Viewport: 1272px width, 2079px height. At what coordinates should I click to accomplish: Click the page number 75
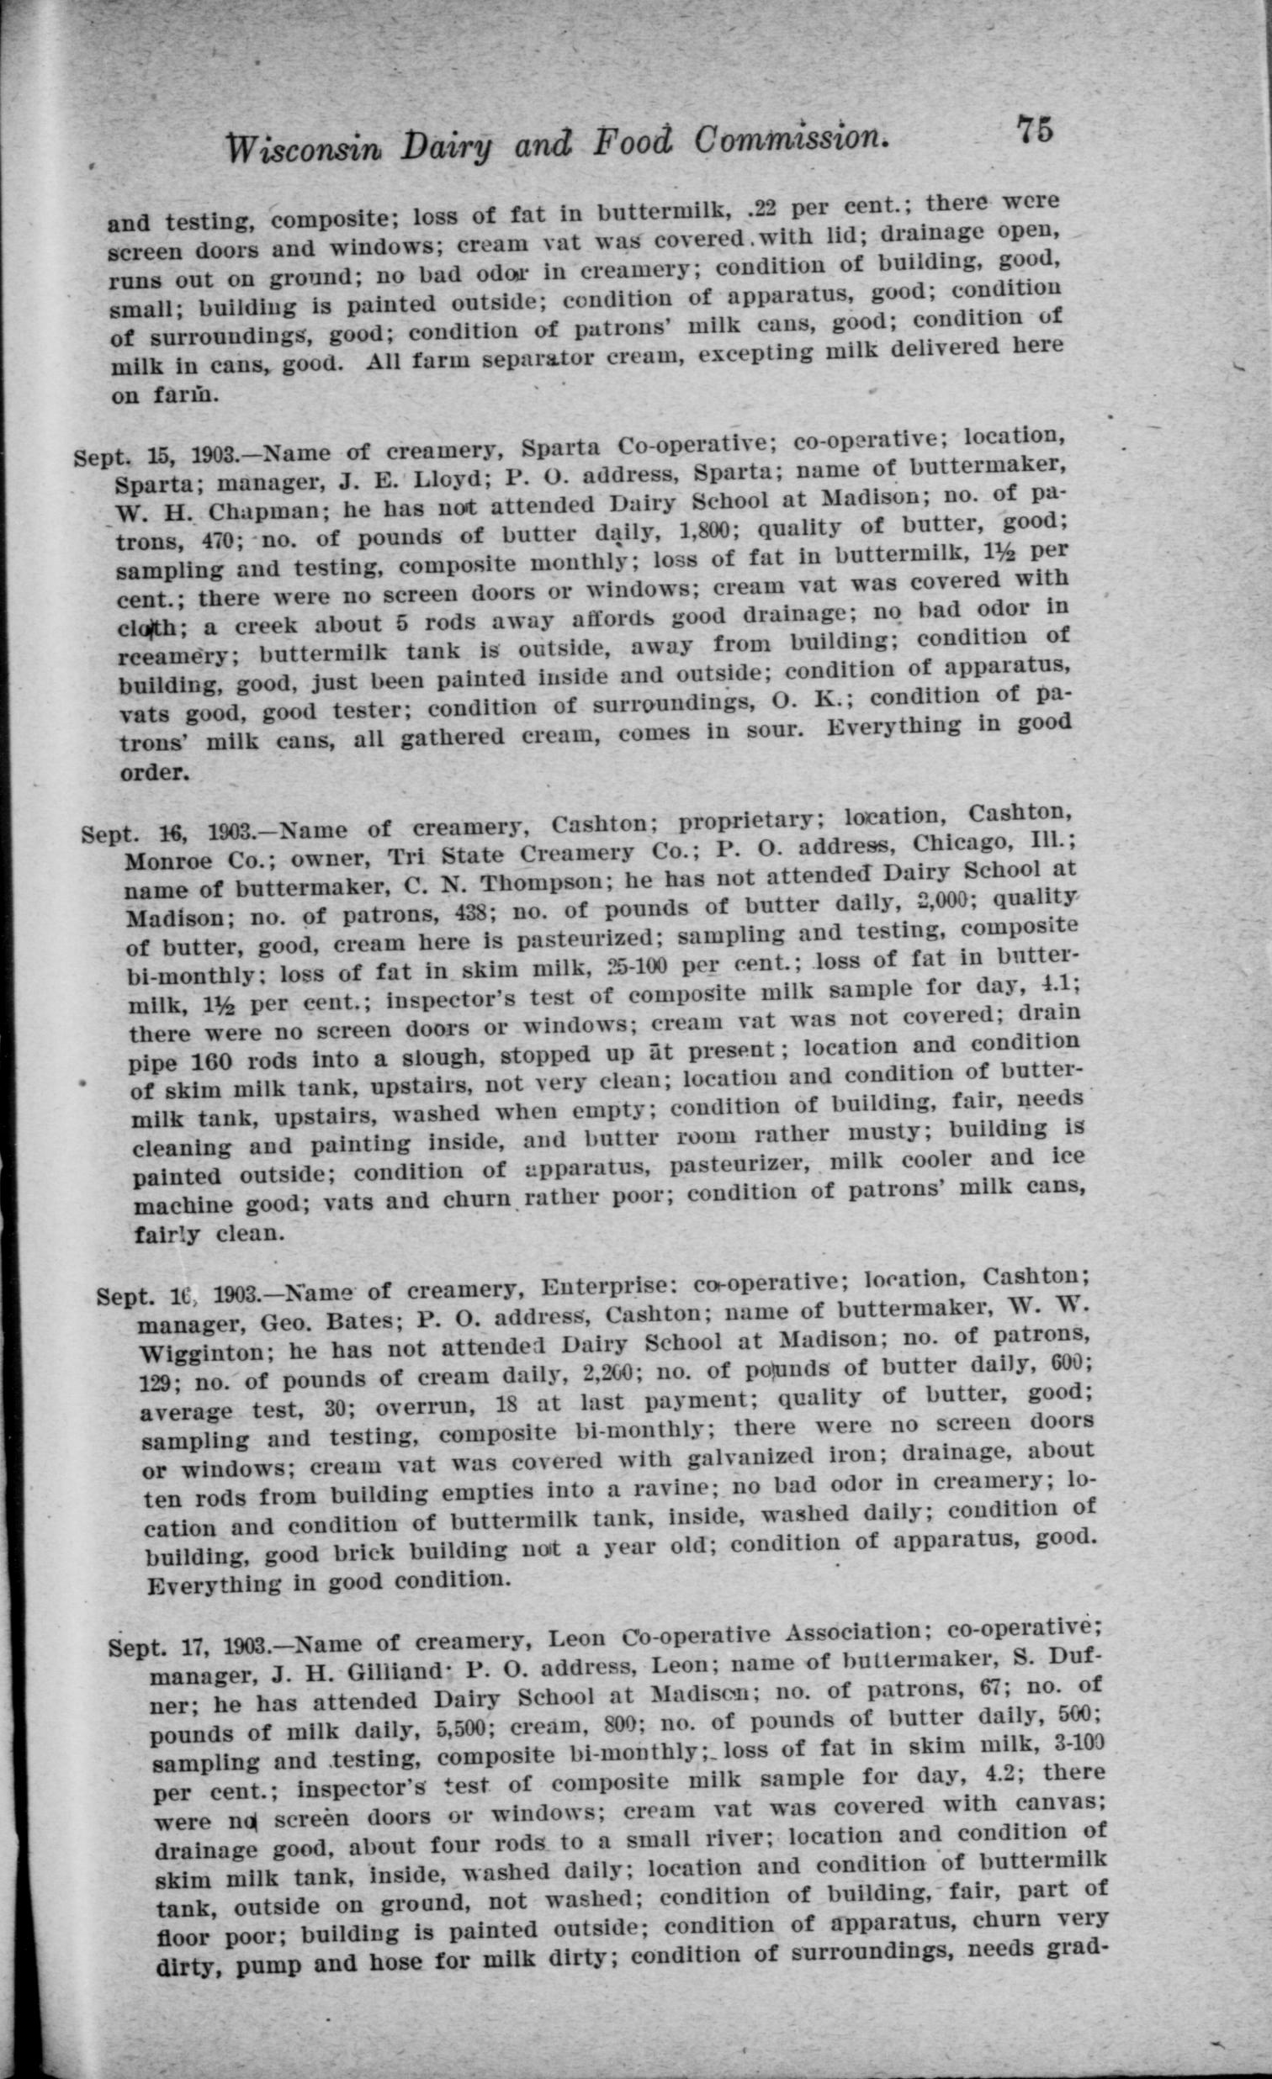(x=1034, y=132)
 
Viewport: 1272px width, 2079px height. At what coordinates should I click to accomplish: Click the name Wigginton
(x=204, y=1355)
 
